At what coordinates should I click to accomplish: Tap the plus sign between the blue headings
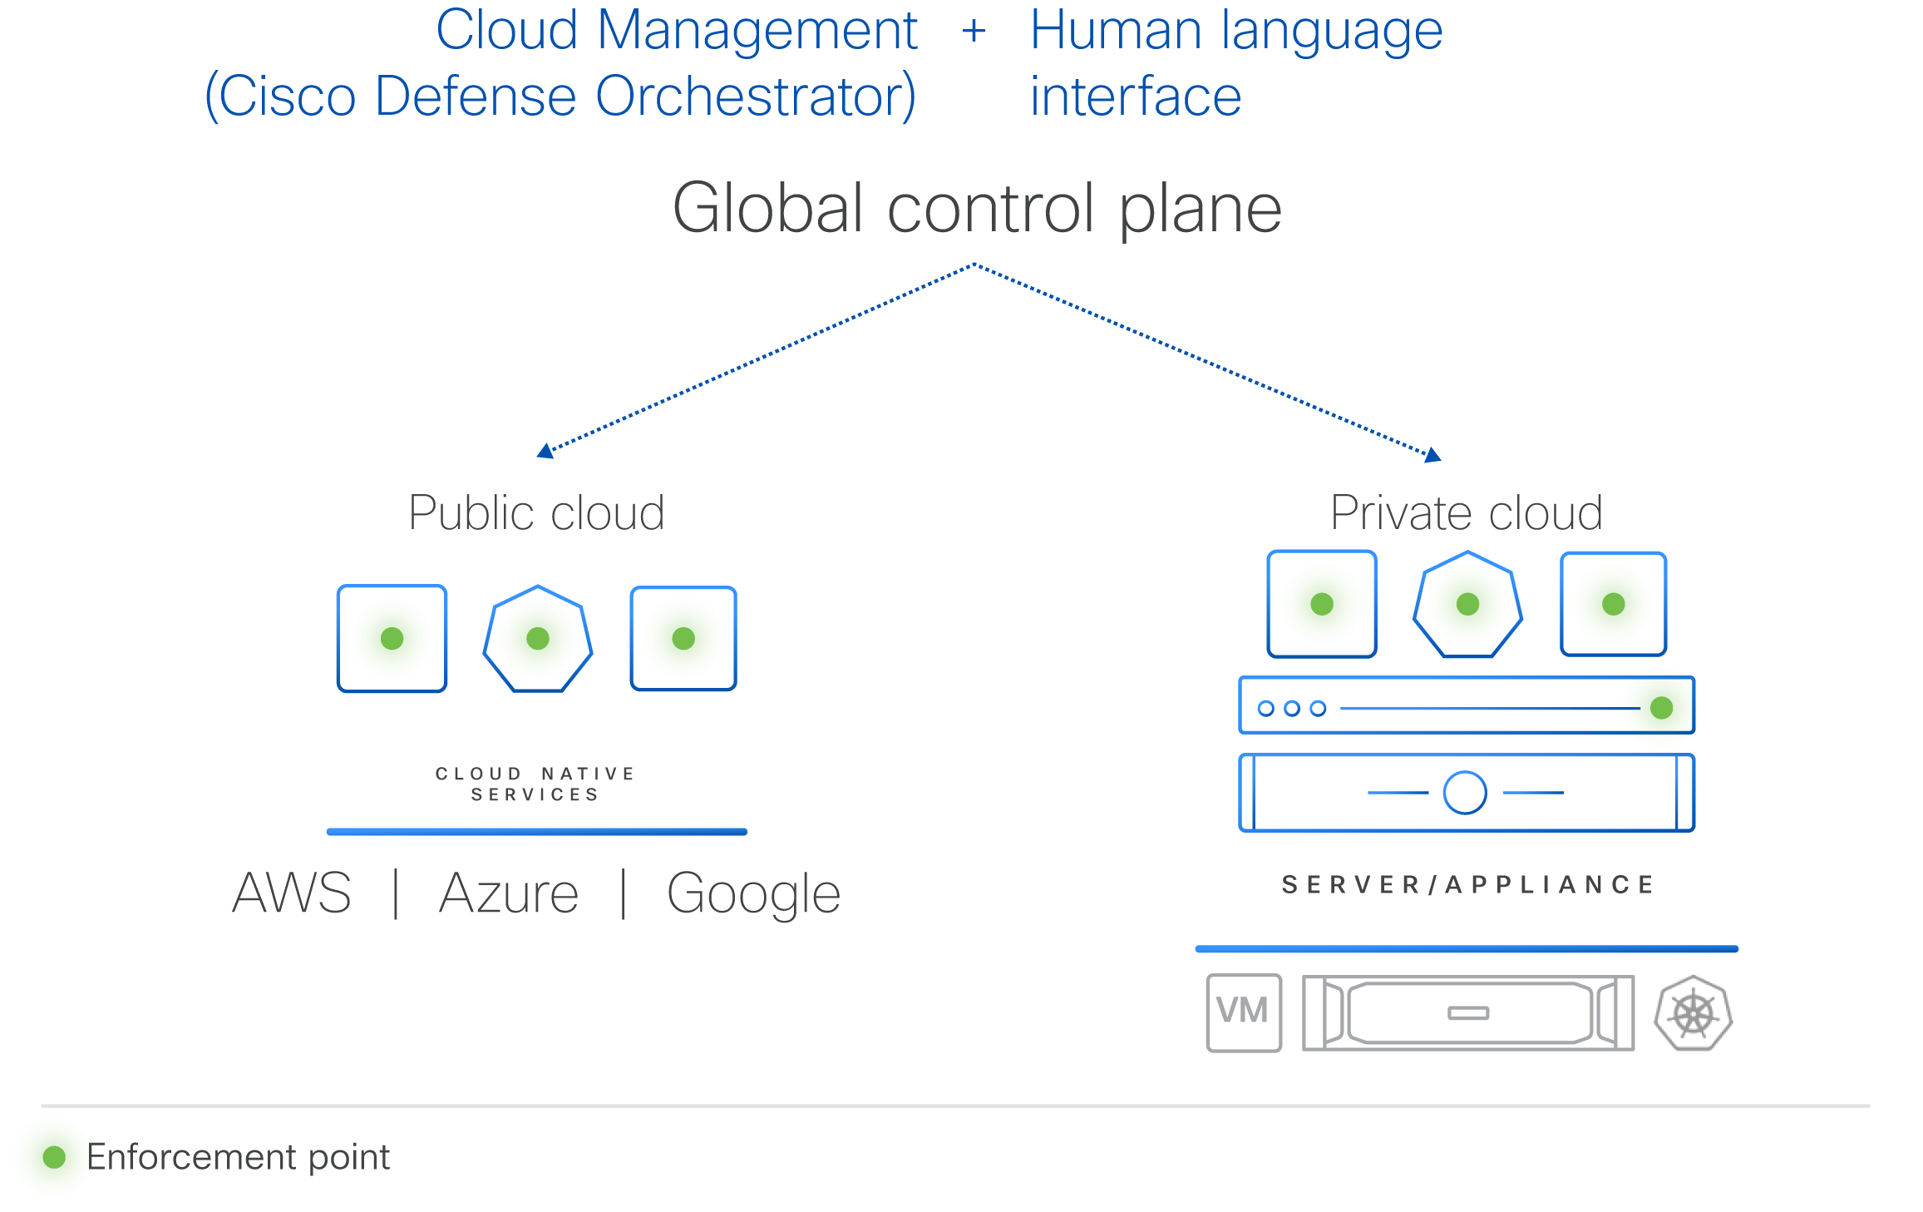click(x=974, y=32)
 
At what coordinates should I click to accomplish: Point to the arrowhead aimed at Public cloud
click(x=545, y=451)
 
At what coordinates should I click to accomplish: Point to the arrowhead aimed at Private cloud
click(x=1432, y=455)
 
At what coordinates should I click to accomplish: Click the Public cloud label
click(x=536, y=512)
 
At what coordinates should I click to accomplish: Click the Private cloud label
click(x=1467, y=512)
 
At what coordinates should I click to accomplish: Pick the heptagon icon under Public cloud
click(x=538, y=639)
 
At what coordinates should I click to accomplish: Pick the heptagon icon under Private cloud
click(x=1467, y=605)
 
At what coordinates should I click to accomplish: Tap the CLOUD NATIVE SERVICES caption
click(x=535, y=784)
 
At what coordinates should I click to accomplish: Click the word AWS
click(x=292, y=893)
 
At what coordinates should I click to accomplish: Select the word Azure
click(x=509, y=893)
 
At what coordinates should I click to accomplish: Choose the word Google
click(x=753, y=895)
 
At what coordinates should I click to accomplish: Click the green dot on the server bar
click(x=1661, y=708)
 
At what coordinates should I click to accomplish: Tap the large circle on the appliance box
click(x=1465, y=793)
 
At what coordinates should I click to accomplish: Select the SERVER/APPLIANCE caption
click(x=1467, y=884)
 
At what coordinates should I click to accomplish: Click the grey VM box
click(x=1244, y=1012)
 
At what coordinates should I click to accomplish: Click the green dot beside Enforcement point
click(x=54, y=1157)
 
